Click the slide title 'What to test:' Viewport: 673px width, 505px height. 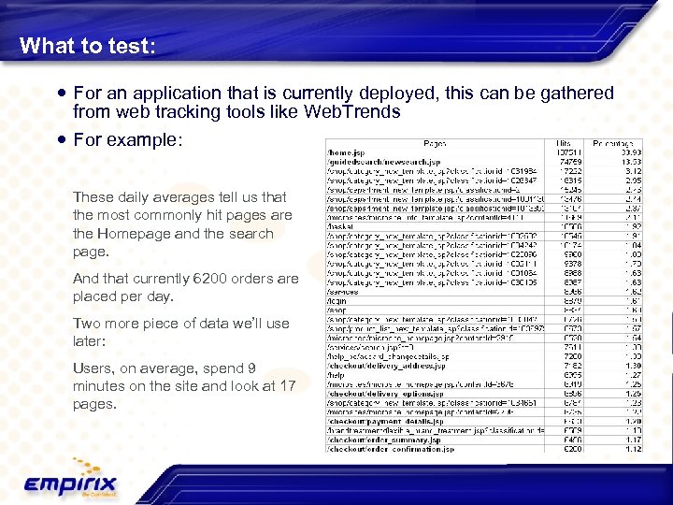coord(88,45)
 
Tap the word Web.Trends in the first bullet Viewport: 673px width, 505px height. coord(352,112)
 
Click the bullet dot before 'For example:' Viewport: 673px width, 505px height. coord(62,139)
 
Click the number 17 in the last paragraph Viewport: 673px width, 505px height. coord(288,385)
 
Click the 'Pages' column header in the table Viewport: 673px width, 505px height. coord(435,144)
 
